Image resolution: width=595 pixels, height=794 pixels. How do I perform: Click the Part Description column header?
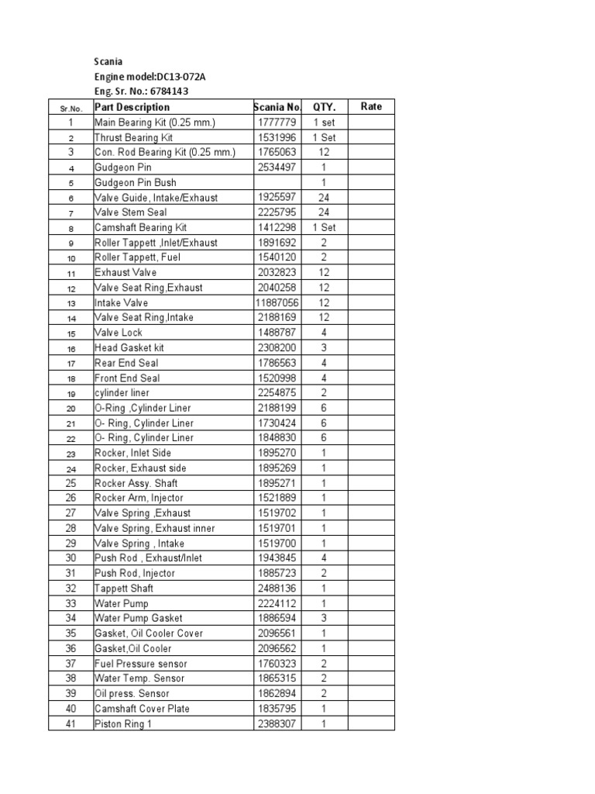click(132, 107)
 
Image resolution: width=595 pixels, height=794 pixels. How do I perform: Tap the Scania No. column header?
click(277, 107)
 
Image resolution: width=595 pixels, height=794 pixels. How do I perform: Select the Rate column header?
click(371, 106)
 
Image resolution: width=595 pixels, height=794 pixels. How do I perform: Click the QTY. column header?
click(324, 107)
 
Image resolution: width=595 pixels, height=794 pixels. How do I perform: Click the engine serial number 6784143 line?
click(141, 91)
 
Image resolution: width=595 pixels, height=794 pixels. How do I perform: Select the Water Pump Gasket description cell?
click(139, 618)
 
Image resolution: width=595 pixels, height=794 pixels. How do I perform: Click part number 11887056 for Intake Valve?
click(277, 302)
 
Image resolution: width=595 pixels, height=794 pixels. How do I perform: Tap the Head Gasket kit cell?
click(129, 347)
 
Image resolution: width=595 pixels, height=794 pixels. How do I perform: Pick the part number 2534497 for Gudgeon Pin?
click(277, 167)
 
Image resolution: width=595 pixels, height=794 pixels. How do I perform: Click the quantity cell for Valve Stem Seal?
click(324, 212)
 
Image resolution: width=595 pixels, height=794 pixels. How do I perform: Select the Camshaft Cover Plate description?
click(142, 709)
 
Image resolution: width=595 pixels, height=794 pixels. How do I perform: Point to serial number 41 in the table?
click(71, 723)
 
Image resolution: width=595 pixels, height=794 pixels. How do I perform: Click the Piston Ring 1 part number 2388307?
click(277, 723)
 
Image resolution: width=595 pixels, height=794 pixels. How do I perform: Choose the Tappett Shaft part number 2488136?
click(277, 589)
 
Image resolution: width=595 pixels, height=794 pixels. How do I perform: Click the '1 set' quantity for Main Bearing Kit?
click(324, 122)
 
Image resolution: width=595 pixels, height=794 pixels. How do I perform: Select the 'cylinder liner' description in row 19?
click(122, 392)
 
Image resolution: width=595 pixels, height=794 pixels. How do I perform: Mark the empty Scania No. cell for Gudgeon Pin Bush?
click(277, 182)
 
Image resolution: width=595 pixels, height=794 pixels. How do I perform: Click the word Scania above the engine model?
click(108, 61)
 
